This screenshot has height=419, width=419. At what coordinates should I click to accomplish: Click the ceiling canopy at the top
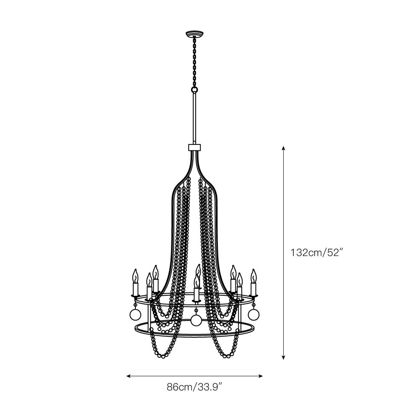(194, 34)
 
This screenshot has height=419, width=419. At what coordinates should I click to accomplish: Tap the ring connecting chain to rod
(194, 89)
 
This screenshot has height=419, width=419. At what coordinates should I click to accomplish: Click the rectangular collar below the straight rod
(194, 147)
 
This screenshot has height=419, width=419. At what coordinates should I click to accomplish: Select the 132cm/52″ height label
(316, 253)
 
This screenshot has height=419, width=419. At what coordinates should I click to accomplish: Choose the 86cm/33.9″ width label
(194, 387)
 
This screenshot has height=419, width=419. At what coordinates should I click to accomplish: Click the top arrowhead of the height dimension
(284, 148)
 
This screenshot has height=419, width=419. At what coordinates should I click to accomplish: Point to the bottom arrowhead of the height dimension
(284, 357)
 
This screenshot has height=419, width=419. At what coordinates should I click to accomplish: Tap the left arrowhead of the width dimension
(129, 376)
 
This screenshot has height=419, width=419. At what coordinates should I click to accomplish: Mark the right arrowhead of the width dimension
(261, 376)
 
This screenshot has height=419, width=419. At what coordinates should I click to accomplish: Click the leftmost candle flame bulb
(136, 276)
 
